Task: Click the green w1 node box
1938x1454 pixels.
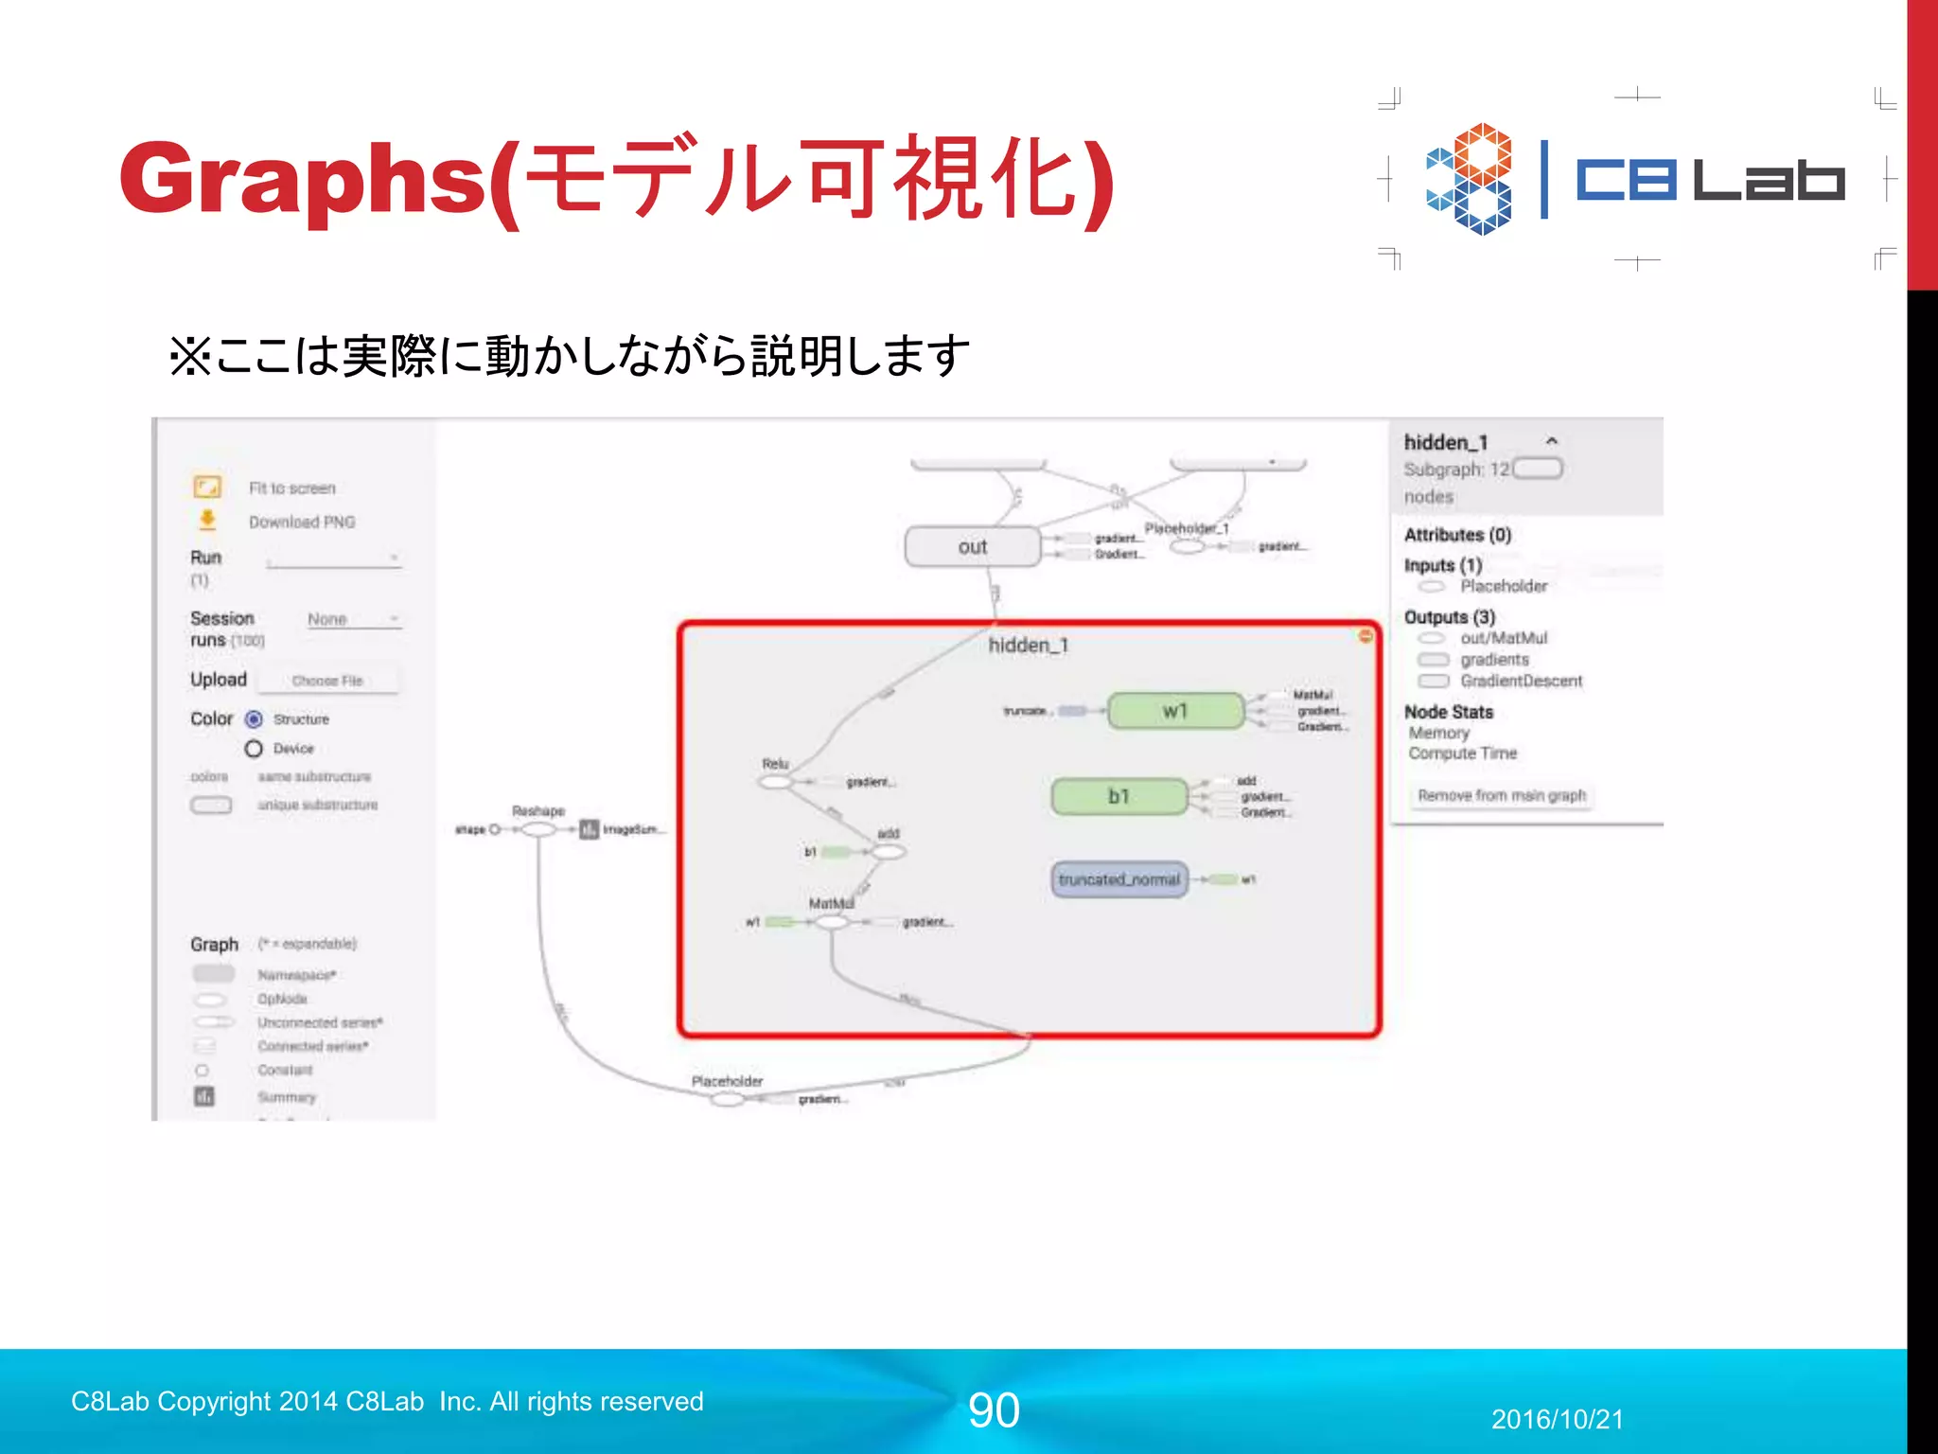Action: (x=1175, y=711)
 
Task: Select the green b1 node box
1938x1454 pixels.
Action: (x=1119, y=796)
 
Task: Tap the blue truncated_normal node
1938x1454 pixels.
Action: (x=1119, y=879)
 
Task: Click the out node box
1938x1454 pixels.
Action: (x=972, y=547)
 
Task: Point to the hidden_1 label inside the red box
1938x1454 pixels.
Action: (x=1028, y=646)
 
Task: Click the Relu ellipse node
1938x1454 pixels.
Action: (x=775, y=782)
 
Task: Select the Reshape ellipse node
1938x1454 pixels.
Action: (x=538, y=829)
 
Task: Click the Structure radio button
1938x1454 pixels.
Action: (x=254, y=719)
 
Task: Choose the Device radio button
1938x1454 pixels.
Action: (x=254, y=749)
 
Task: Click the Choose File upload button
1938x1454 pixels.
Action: (x=327, y=681)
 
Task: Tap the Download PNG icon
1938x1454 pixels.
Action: (x=207, y=521)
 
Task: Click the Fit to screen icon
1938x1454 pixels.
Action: (x=207, y=487)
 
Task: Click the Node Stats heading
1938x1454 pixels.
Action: (x=1448, y=712)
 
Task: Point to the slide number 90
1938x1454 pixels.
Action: (x=994, y=1410)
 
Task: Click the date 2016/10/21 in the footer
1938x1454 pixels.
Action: (x=1557, y=1419)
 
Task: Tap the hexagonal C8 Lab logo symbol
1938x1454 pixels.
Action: (x=1469, y=178)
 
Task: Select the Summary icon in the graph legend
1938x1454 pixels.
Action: (x=204, y=1096)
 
